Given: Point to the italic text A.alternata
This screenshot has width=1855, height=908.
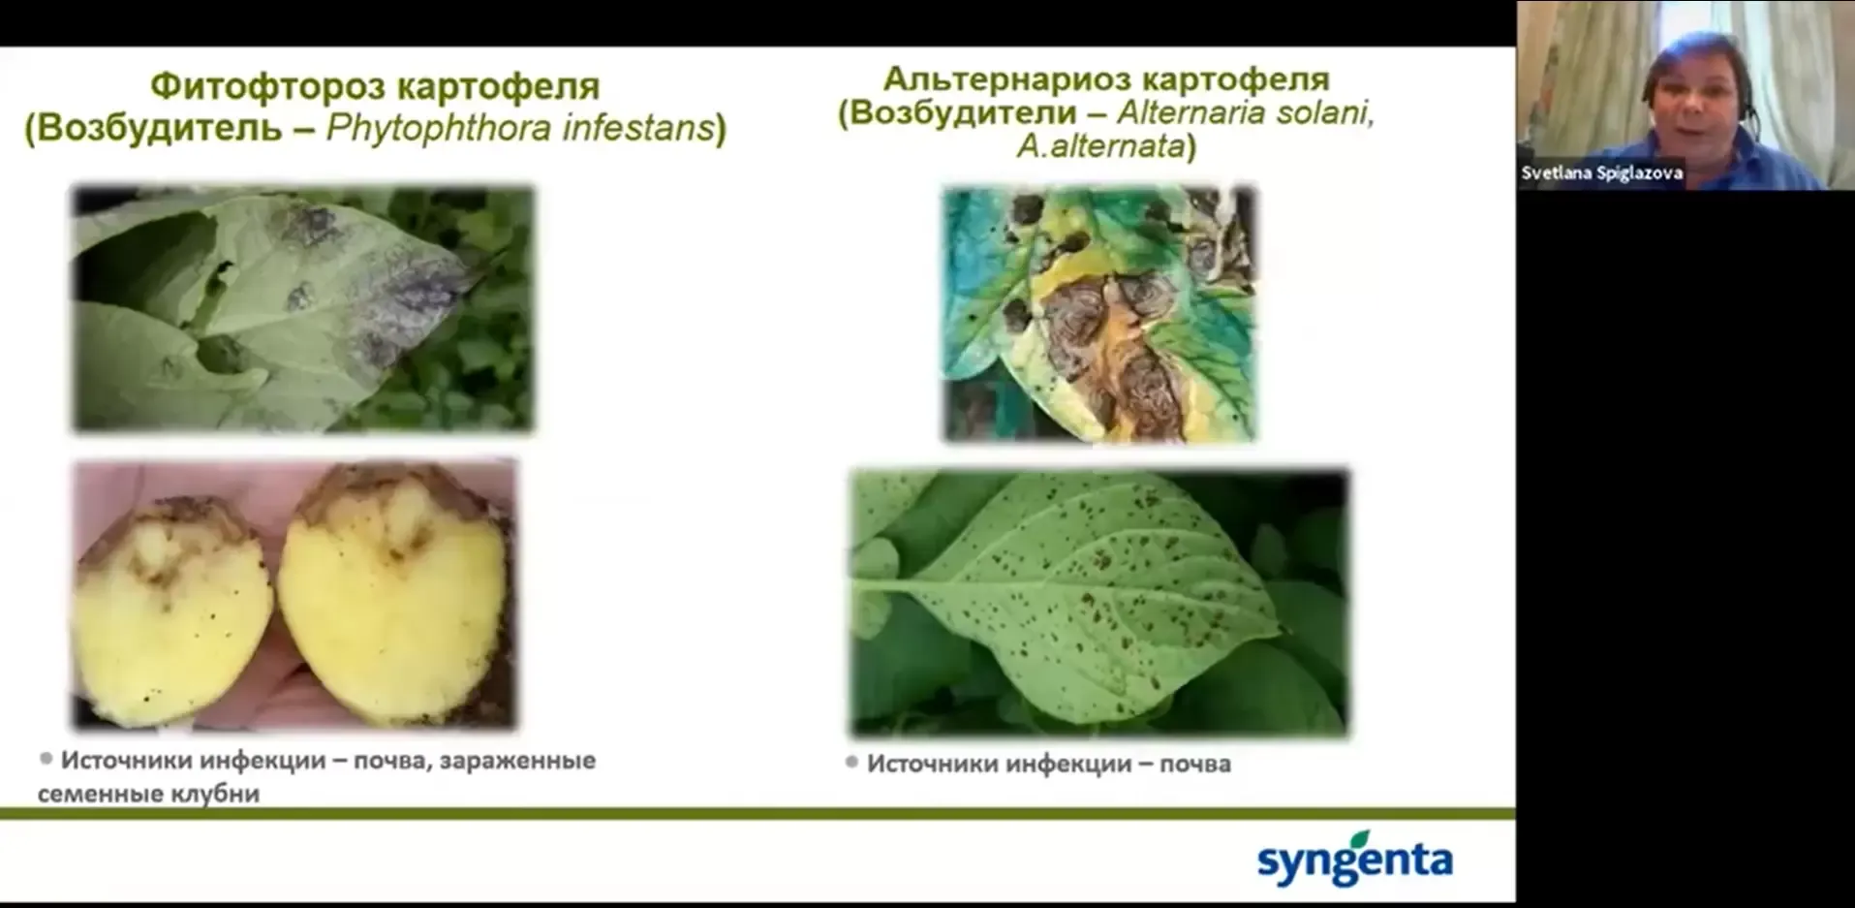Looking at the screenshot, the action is (1101, 146).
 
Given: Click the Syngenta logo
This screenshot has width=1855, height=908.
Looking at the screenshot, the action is (1354, 859).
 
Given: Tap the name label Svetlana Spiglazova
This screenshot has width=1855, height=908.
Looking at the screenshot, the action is (1601, 173).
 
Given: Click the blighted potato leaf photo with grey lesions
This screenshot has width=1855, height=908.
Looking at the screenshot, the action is (302, 308).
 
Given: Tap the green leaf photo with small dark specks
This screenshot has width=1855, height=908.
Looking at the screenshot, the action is (1099, 603).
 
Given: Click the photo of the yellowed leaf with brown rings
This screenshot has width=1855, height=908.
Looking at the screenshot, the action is (1099, 314).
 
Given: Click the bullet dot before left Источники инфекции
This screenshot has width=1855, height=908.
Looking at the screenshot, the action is (46, 759).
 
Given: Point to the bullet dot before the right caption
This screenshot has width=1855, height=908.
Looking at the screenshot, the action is (851, 763).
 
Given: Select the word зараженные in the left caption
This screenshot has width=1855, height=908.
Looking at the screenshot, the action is (517, 761).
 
